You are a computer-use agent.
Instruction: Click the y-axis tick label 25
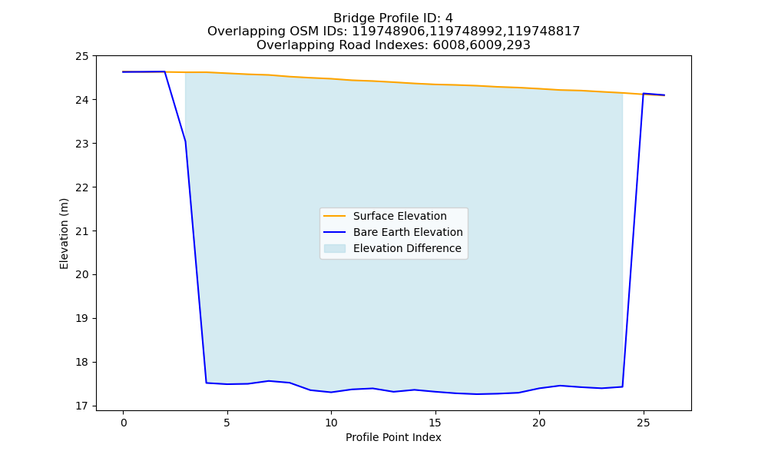(82, 56)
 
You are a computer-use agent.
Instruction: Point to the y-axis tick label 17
(82, 406)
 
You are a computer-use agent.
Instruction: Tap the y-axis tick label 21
(82, 231)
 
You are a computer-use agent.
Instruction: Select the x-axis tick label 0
(124, 423)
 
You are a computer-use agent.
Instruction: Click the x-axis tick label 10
(331, 423)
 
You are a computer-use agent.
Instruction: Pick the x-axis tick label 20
(539, 423)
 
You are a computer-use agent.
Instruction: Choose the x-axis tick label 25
(644, 423)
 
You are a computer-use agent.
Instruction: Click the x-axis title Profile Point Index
(393, 437)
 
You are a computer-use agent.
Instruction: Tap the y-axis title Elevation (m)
(65, 234)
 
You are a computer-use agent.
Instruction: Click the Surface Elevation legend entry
(399, 216)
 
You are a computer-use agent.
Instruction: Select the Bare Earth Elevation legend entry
(408, 232)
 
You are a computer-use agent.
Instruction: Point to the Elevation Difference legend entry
(407, 248)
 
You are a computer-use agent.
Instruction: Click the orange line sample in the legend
(335, 216)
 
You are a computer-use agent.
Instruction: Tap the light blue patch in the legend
(335, 248)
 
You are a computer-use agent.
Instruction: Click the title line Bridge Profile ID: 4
(393, 18)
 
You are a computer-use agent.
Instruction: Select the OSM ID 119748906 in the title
(389, 32)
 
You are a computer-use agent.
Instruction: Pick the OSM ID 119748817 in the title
(543, 32)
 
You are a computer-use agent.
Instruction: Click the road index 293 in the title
(518, 45)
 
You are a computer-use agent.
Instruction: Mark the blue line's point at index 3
(186, 142)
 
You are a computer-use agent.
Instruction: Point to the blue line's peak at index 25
(644, 94)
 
